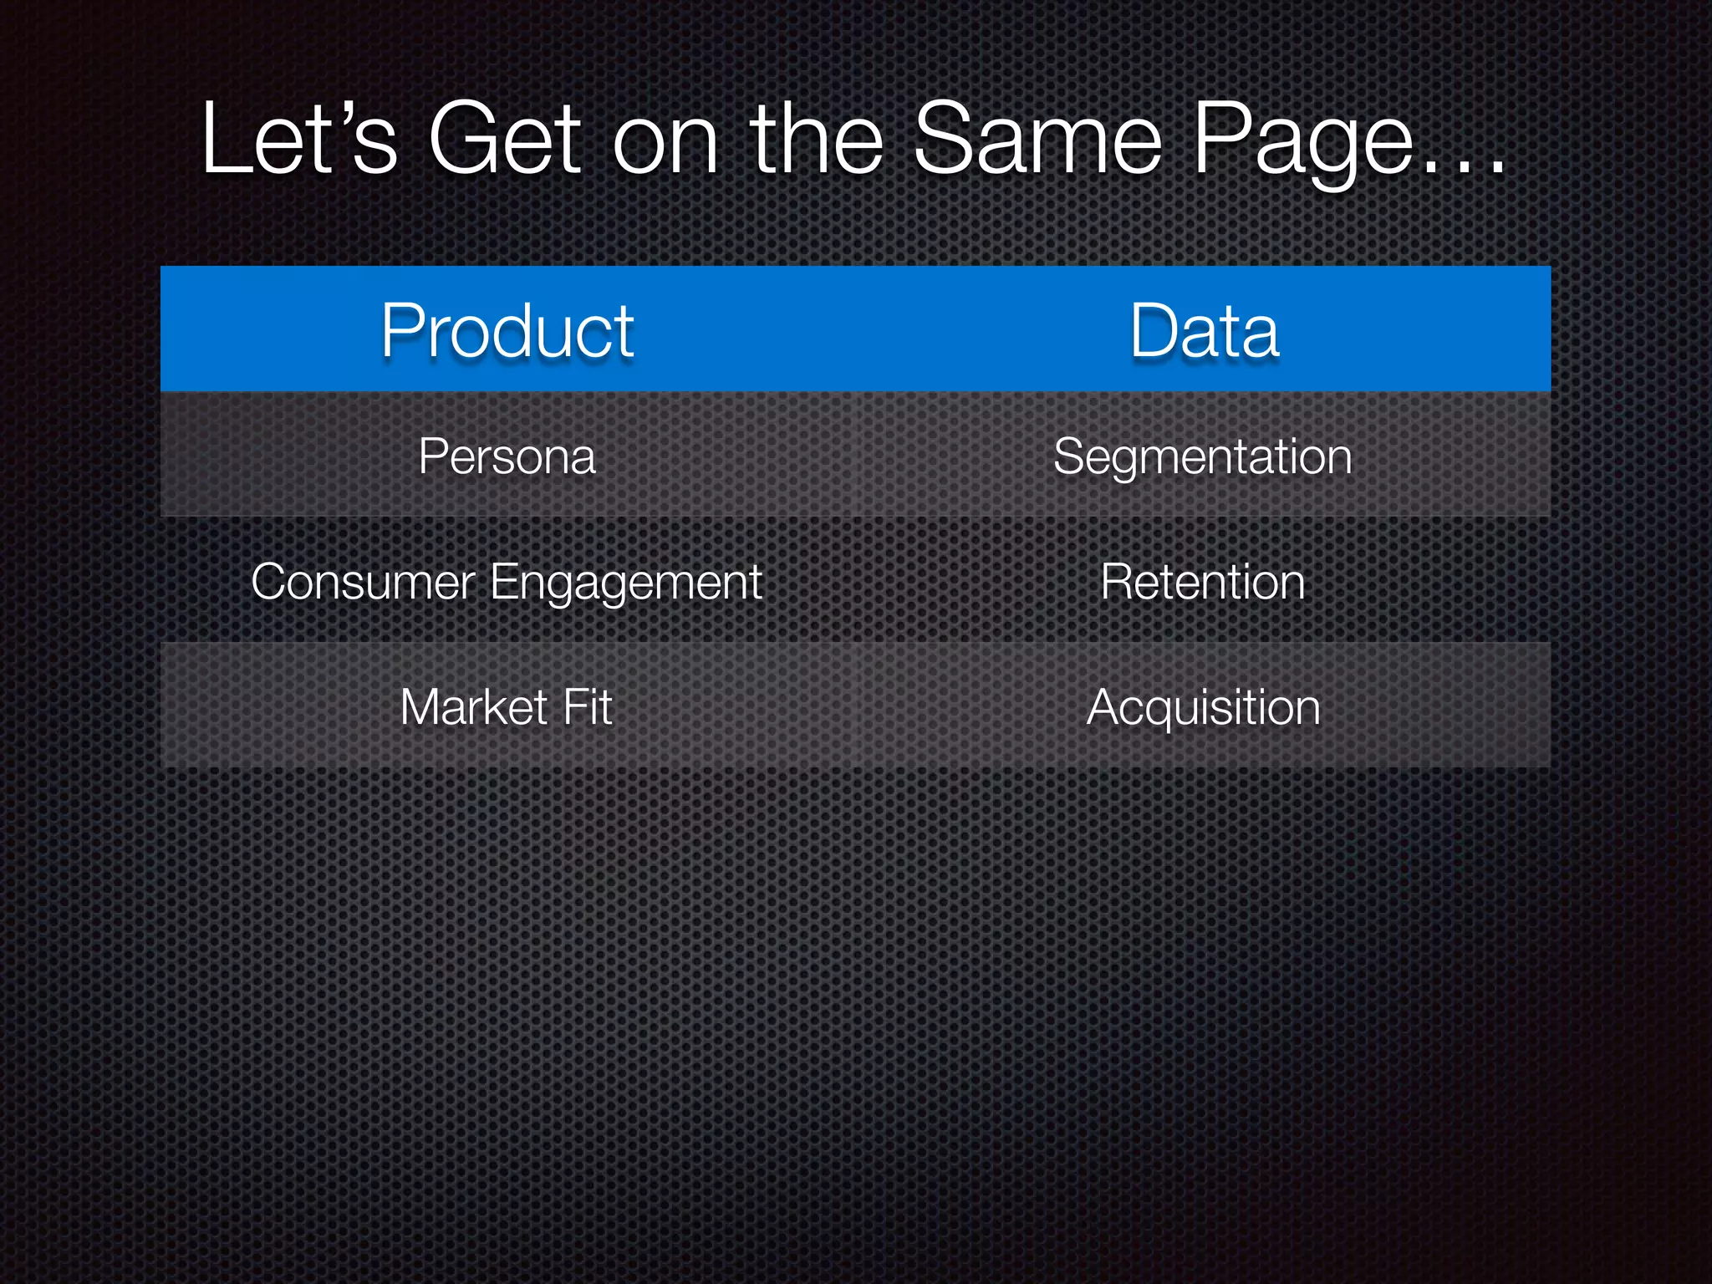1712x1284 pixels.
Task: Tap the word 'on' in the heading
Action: coord(665,144)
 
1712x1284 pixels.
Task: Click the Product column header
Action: coord(507,331)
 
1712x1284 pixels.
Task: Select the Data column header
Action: coord(1204,331)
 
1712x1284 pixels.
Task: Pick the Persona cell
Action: coord(507,456)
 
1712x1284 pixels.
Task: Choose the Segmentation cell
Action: coord(1202,456)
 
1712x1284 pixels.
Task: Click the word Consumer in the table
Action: coord(363,582)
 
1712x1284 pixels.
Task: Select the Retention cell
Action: coord(1202,582)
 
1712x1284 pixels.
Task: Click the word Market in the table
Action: coord(474,707)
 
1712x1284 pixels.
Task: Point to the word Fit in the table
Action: coord(588,707)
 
